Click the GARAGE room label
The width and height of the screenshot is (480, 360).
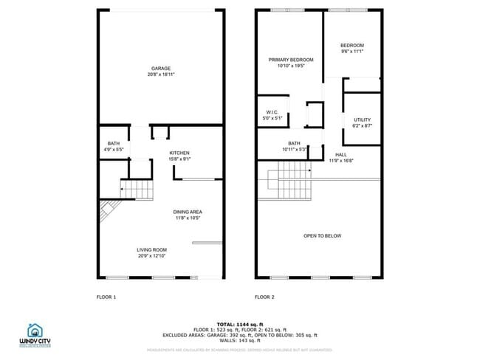click(x=161, y=69)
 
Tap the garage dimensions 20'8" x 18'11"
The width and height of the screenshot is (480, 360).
click(x=161, y=75)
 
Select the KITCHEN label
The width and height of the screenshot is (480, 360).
click(x=179, y=153)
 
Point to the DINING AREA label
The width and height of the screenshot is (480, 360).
click(x=188, y=212)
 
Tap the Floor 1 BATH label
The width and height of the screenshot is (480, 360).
click(x=113, y=143)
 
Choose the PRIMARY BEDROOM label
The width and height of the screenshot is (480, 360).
click(x=291, y=60)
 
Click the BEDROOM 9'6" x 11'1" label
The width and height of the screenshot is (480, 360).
click(x=352, y=46)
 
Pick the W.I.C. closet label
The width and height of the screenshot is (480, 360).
click(x=272, y=112)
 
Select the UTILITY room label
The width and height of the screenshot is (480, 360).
click(x=362, y=120)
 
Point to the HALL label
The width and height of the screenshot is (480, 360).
click(x=341, y=154)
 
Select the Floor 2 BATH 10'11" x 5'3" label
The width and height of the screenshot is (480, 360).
click(x=294, y=146)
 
